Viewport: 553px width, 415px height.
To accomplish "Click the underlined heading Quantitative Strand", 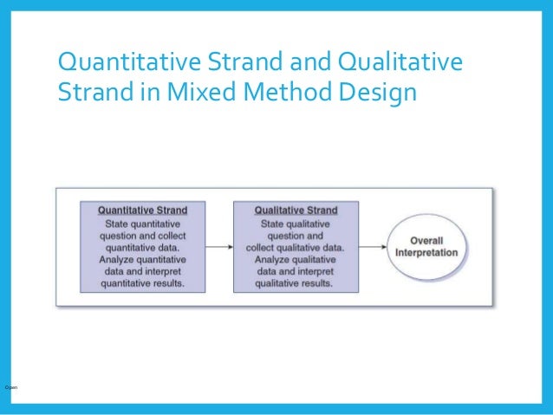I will coord(141,211).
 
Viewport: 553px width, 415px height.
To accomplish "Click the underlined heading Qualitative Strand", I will coord(296,211).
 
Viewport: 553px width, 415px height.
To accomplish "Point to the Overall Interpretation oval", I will coord(426,246).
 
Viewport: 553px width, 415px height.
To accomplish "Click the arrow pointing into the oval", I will coord(373,247).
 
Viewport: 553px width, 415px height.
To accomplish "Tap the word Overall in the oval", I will coord(426,240).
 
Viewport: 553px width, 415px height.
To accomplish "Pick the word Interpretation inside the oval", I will coord(426,252).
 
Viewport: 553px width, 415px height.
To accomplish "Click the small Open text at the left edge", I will coord(10,386).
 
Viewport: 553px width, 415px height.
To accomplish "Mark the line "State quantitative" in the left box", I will coord(141,223).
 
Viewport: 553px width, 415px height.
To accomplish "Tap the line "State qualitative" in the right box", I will coord(296,223).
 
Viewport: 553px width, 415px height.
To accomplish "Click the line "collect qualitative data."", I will coord(296,246).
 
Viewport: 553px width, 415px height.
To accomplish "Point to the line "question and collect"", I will coord(141,234).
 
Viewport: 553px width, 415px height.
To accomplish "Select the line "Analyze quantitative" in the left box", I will coord(141,258).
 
